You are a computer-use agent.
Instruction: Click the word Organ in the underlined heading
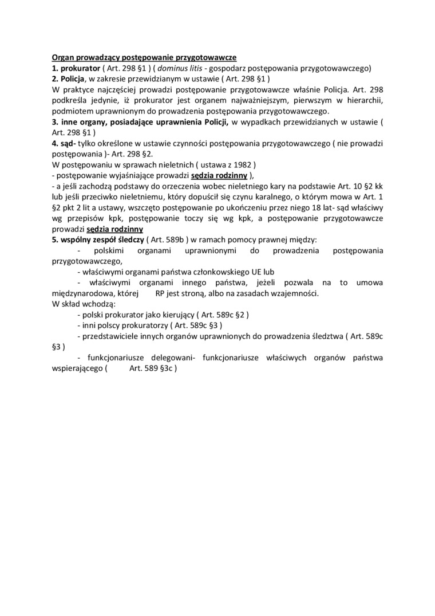pos(63,58)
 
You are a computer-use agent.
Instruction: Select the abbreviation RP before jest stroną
pos(161,293)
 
